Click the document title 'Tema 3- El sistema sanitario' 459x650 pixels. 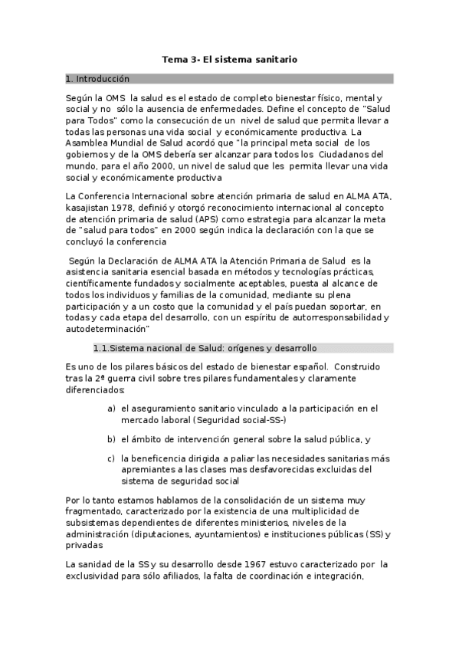pos(230,59)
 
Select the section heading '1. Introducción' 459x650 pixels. pos(98,79)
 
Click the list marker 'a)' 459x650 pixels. pos(112,409)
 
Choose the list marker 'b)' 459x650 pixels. pos(112,439)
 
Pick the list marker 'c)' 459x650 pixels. pos(112,458)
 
